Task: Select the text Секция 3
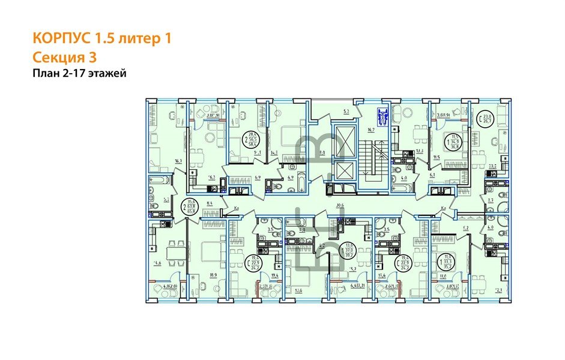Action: click(x=64, y=58)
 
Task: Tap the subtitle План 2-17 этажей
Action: click(x=79, y=74)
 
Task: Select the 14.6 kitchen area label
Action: click(x=157, y=263)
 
